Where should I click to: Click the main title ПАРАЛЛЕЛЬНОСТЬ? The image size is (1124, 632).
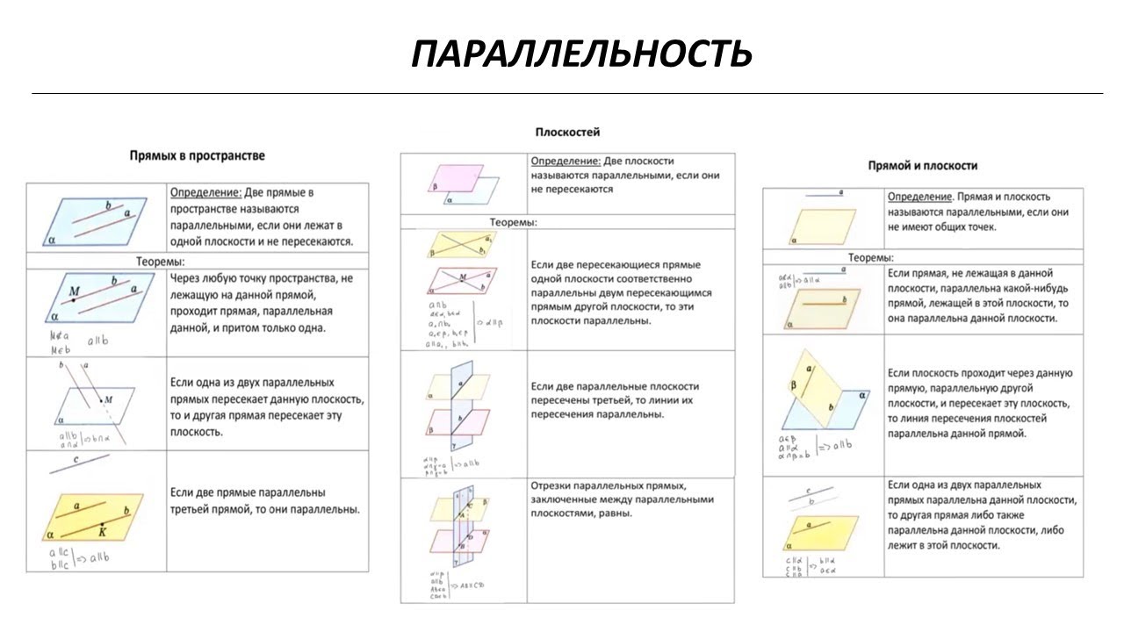click(580, 54)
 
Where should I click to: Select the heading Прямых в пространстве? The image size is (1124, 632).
click(197, 155)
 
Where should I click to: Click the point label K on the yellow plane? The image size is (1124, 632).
click(103, 531)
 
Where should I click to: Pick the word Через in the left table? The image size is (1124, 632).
click(185, 278)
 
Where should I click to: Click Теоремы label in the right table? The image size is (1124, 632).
click(870, 258)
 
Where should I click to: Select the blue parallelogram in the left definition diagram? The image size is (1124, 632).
click(96, 222)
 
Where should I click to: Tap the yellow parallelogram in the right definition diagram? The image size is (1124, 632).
click(822, 226)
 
